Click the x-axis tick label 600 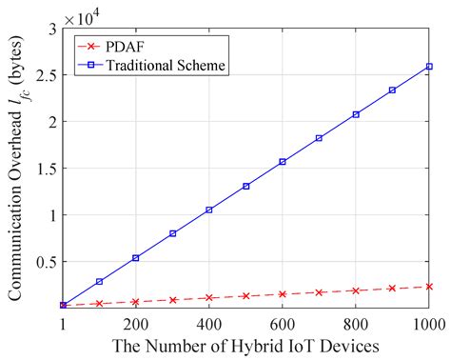pyautogui.click(x=283, y=324)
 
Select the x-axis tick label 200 pyautogui.click(x=136, y=324)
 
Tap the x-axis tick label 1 pyautogui.click(x=63, y=324)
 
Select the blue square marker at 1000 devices pyautogui.click(x=429, y=67)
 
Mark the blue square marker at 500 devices pyautogui.click(x=245, y=186)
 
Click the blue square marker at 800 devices pyautogui.click(x=356, y=114)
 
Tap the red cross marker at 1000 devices pyautogui.click(x=429, y=286)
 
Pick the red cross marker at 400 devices pyautogui.click(x=209, y=297)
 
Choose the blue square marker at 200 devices pyautogui.click(x=136, y=257)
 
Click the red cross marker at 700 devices pyautogui.click(x=320, y=291)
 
